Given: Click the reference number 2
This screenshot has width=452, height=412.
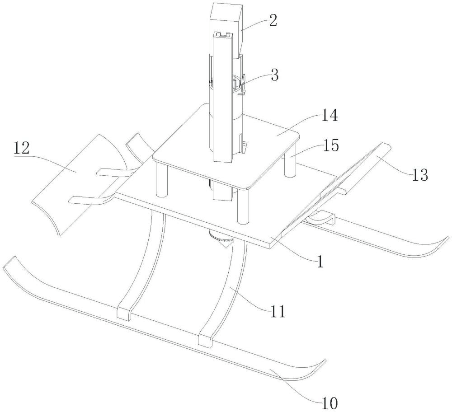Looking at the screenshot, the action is click(273, 20).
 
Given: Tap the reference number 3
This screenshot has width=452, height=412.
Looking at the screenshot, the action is click(275, 75).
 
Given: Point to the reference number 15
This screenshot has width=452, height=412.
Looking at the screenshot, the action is click(331, 145).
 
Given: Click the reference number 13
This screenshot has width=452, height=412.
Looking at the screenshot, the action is click(420, 175).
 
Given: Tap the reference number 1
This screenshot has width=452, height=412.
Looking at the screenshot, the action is click(320, 262).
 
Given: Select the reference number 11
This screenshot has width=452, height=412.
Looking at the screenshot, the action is click(277, 312).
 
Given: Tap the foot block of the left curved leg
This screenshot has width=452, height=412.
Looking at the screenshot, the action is click(125, 313).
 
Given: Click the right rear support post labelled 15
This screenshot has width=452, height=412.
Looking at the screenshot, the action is click(290, 164).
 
